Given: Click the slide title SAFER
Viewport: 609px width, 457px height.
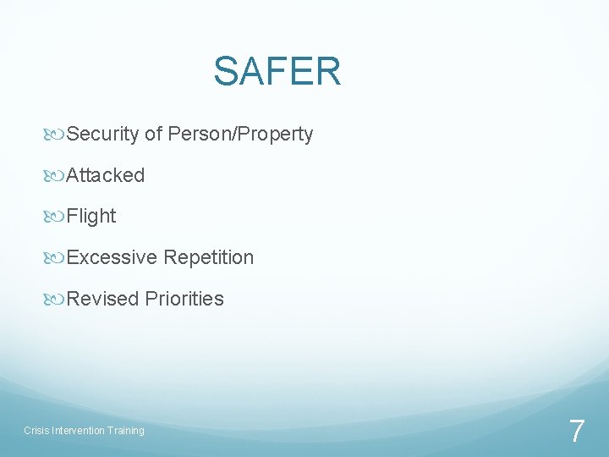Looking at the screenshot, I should tap(277, 71).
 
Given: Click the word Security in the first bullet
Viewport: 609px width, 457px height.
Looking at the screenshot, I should tap(103, 134).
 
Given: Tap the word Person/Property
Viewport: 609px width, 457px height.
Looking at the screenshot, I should tap(240, 134).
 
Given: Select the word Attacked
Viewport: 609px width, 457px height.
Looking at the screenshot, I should tap(105, 175).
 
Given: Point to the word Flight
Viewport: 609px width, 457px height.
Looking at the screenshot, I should tap(91, 216).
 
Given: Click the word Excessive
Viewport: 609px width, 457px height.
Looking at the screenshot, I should tap(111, 257).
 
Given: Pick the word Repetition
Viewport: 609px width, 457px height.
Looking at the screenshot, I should tap(209, 257).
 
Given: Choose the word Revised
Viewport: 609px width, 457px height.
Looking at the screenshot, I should tap(102, 299).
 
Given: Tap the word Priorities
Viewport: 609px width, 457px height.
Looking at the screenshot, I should tap(184, 299).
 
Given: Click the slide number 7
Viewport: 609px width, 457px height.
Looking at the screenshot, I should tap(576, 432).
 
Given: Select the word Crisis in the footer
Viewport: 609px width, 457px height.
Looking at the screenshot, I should tap(36, 431).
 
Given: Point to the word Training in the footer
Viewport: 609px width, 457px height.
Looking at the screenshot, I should tap(125, 431).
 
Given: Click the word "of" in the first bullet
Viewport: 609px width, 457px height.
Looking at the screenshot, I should tap(153, 134).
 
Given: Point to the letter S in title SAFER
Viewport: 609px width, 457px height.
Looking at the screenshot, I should tap(226, 71).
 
